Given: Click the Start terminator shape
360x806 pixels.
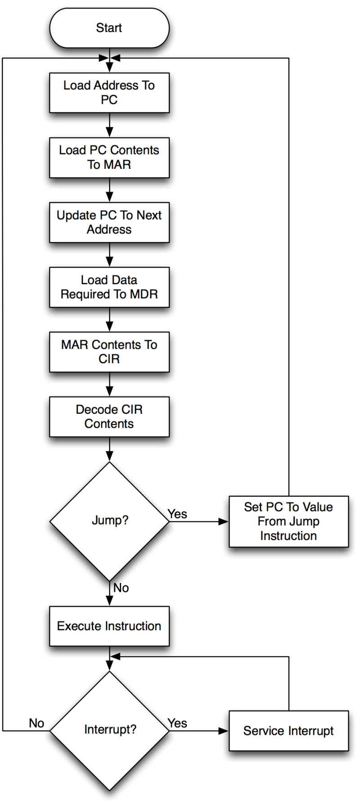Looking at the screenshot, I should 109,28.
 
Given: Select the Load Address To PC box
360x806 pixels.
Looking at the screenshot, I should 109,93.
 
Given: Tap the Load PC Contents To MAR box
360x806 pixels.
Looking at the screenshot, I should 109,158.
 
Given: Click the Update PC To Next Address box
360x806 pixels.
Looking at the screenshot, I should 109,222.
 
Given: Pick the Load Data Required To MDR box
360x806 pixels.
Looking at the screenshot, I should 109,287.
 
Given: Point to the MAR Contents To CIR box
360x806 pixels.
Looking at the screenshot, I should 109,352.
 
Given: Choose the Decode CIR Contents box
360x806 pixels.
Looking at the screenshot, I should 109,417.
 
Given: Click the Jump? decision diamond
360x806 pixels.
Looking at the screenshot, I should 109,521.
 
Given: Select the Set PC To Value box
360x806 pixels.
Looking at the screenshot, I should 288,521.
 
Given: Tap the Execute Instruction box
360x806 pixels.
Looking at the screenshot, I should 109,626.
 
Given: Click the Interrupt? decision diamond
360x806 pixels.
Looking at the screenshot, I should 109,730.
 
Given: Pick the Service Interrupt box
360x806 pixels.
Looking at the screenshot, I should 288,730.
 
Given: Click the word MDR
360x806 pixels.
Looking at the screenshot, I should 144,294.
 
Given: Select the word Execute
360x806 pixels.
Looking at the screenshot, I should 79,626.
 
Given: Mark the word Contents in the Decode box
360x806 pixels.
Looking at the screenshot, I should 109,424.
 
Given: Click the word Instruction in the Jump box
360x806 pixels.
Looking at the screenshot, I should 288,536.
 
